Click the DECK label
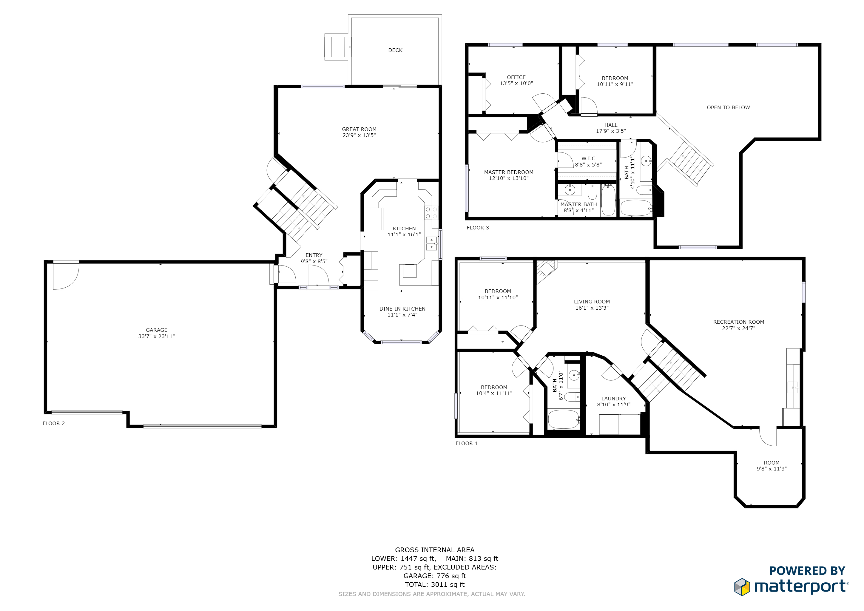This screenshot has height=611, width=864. [x=395, y=50]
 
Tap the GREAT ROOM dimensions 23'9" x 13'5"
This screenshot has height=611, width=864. [x=359, y=135]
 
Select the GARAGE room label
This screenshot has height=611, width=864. [x=157, y=330]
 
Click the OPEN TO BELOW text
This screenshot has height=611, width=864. [x=728, y=108]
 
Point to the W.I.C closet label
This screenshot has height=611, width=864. [x=588, y=158]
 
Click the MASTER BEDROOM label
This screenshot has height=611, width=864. [x=508, y=172]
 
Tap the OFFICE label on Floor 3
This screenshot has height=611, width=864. [x=516, y=77]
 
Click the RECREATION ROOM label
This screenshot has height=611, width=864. [x=738, y=322]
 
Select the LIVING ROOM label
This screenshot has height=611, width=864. [x=592, y=302]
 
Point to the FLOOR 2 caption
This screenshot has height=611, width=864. [x=53, y=423]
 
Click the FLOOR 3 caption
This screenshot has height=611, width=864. [x=478, y=228]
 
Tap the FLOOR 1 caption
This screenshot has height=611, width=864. [x=466, y=443]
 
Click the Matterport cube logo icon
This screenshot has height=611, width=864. [x=742, y=587]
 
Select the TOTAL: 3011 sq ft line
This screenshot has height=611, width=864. [x=435, y=584]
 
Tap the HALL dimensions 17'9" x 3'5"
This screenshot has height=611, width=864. [x=611, y=131]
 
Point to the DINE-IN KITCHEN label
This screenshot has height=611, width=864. [x=402, y=309]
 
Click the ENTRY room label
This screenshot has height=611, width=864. [x=314, y=255]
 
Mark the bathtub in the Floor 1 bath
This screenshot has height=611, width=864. [x=563, y=419]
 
